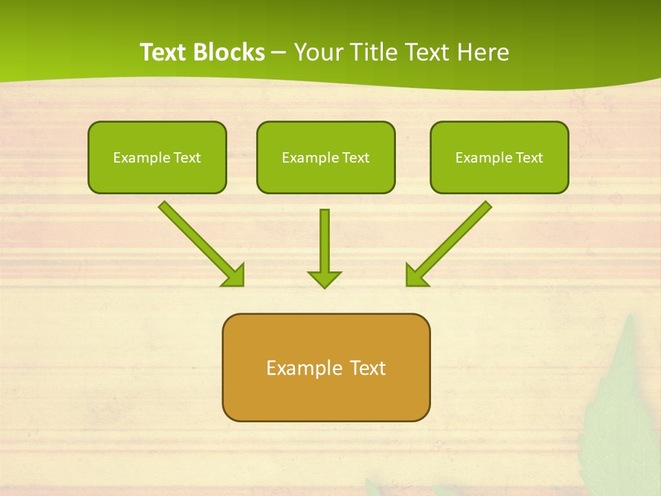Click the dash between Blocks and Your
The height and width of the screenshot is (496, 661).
(x=279, y=52)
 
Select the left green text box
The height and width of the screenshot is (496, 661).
(x=157, y=157)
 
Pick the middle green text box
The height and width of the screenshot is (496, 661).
(x=326, y=157)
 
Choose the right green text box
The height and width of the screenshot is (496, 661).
(x=499, y=157)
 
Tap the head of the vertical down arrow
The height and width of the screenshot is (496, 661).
(x=324, y=279)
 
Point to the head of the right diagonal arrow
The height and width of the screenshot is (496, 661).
(x=416, y=275)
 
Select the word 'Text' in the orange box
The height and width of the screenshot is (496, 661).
(x=368, y=368)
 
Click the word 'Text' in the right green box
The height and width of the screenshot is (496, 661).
(x=529, y=158)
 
